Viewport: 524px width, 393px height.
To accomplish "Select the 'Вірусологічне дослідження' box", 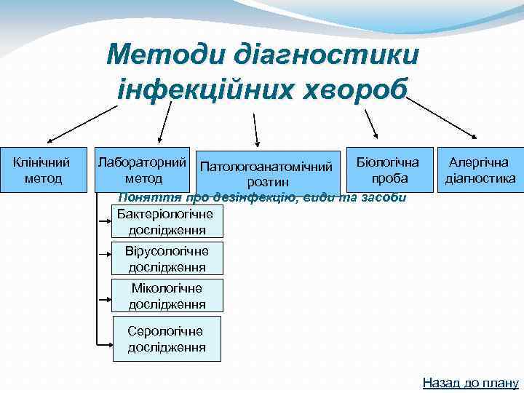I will pos(167,258).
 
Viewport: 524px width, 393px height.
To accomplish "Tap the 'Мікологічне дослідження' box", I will pos(167,295).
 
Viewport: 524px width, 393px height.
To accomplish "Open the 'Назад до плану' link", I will pos(469,382).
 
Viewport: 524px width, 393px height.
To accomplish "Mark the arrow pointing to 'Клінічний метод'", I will pos(80,122).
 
